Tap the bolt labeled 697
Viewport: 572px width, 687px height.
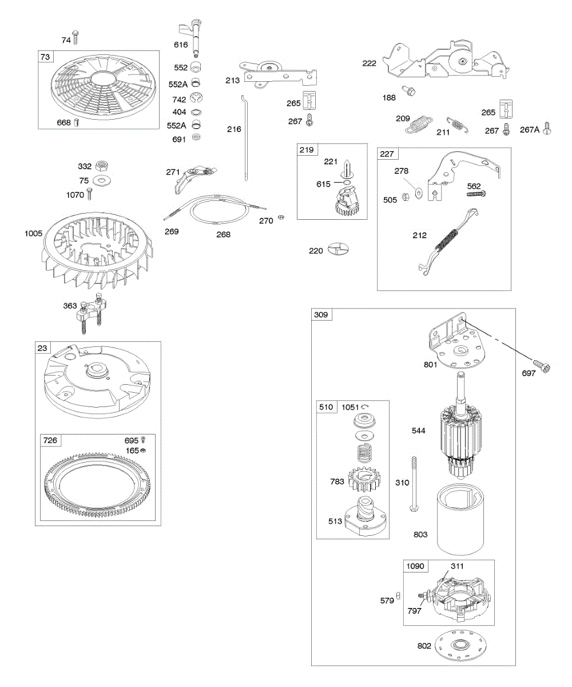click(542, 366)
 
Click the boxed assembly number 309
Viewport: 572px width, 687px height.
click(321, 315)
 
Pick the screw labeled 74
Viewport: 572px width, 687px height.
click(76, 38)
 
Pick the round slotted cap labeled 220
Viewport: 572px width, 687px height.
click(339, 250)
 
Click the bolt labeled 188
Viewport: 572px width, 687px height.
click(410, 90)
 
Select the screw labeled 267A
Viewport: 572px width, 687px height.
click(547, 128)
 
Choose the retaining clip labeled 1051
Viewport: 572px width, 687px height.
click(365, 406)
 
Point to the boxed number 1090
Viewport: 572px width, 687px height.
click(415, 566)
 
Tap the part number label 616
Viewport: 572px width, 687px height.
click(181, 44)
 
